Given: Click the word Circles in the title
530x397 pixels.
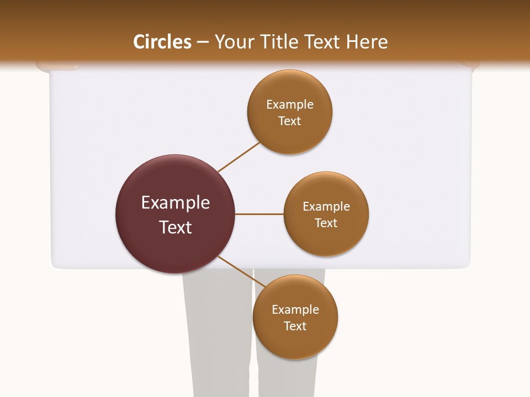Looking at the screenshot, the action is (162, 42).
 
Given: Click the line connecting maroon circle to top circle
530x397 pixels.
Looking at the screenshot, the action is (239, 157).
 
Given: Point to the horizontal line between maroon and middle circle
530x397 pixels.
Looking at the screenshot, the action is (259, 214).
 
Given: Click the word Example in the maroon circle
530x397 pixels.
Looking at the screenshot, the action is (176, 203).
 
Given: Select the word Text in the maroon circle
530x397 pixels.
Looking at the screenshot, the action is (176, 227).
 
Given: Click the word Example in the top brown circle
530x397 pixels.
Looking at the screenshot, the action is (290, 104).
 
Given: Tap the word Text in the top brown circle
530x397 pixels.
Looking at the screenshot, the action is (289, 121).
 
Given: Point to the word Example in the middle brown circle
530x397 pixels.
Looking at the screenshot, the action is (326, 206).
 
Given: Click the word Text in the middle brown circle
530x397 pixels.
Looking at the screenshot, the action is (326, 223).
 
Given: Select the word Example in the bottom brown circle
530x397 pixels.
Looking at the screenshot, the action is (295, 309).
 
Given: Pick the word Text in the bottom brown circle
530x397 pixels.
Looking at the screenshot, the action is (295, 326).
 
